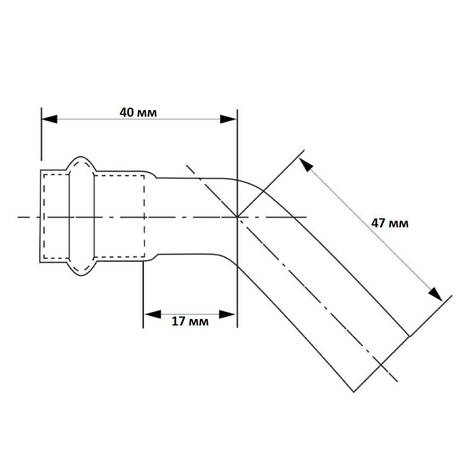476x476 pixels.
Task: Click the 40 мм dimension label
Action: [138, 112]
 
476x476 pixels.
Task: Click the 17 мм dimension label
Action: [190, 321]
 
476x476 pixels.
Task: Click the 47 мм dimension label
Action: [390, 223]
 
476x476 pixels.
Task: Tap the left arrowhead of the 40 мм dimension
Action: [49, 120]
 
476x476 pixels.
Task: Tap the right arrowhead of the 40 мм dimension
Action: [228, 120]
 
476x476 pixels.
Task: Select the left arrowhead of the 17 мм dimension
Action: [153, 314]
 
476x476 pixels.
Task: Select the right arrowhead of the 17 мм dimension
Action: [227, 314]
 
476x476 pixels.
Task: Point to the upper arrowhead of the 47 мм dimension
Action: [306, 165]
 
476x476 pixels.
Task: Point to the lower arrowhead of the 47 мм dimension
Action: [436, 294]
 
